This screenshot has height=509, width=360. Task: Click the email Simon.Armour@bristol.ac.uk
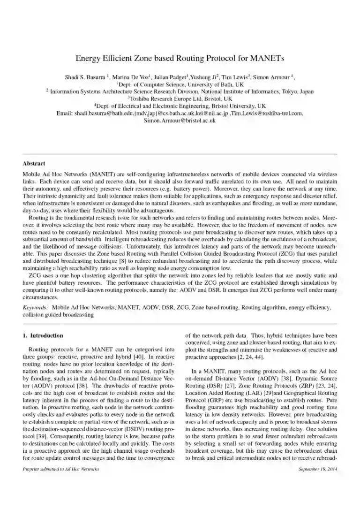[180, 121]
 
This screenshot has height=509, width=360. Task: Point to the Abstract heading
[34, 164]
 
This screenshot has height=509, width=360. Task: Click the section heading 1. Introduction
[43, 336]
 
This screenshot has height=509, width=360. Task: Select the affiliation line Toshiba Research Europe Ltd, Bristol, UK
[180, 99]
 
